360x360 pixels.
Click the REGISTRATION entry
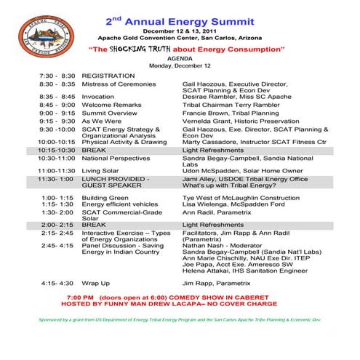coord(109,75)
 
